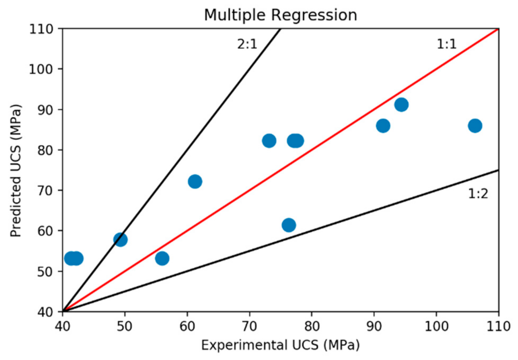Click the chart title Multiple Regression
click(280, 15)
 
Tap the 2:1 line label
click(247, 44)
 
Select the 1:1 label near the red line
click(446, 44)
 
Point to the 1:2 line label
click(478, 194)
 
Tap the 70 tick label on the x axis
click(249, 326)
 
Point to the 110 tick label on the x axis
click(498, 326)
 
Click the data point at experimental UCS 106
click(475, 126)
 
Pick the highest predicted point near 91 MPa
click(401, 105)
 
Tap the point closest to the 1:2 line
click(289, 225)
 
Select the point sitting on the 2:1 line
click(120, 240)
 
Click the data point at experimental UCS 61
click(195, 182)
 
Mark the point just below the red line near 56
click(162, 258)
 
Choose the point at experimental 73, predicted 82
click(269, 141)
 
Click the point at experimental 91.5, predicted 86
click(383, 126)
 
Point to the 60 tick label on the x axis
click(187, 326)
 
